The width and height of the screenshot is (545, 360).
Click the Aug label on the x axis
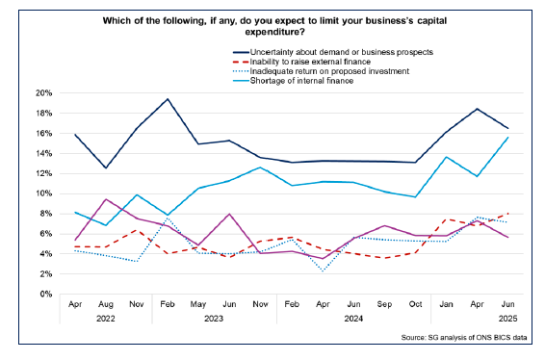click(107, 305)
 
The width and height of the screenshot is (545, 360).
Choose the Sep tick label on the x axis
click(383, 305)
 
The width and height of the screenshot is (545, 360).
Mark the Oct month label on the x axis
click(415, 305)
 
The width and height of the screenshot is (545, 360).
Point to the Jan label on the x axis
click(446, 305)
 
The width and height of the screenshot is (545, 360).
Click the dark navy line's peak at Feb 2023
click(169, 99)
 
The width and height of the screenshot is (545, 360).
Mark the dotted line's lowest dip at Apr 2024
click(323, 270)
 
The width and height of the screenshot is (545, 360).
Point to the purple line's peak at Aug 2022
click(107, 199)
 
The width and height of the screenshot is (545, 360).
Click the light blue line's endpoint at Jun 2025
click(507, 138)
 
